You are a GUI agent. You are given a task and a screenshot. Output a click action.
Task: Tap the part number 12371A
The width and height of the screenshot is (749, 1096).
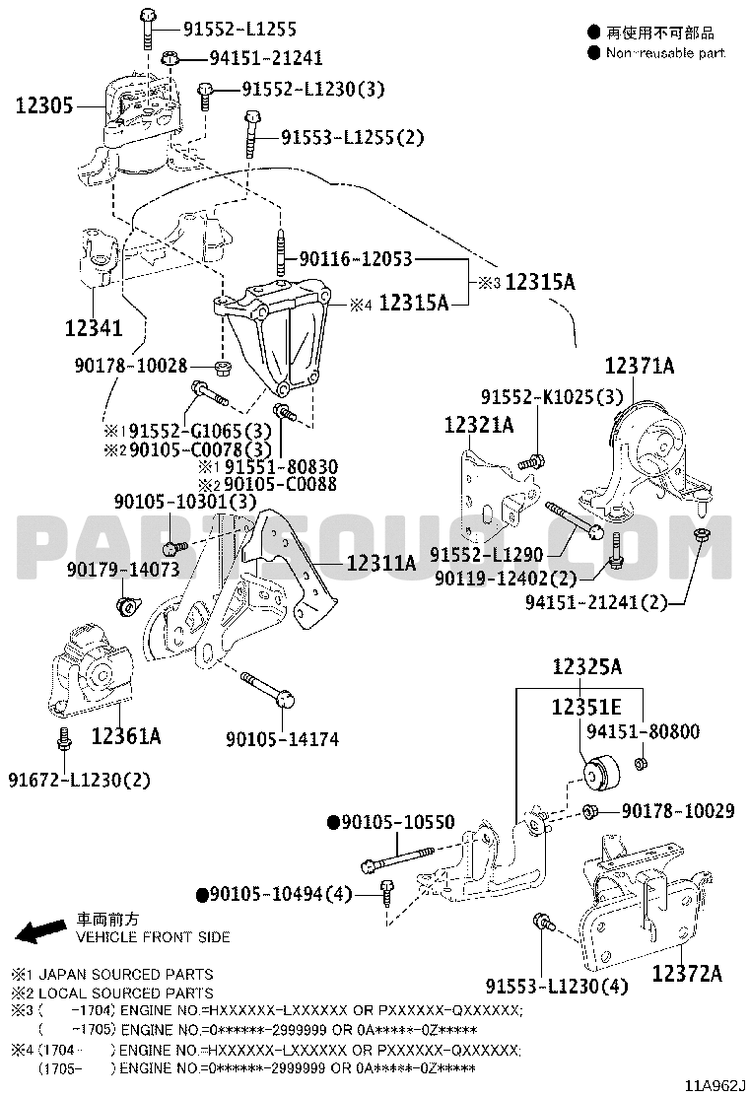[x=639, y=367]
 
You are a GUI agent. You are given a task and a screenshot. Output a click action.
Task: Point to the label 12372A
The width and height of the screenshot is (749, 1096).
[x=686, y=975]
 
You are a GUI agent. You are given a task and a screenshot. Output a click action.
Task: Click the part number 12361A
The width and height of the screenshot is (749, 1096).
[x=127, y=735]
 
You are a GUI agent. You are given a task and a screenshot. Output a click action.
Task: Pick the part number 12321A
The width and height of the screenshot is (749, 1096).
[x=479, y=425]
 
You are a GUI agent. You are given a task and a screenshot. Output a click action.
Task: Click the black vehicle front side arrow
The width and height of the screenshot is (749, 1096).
[x=42, y=931]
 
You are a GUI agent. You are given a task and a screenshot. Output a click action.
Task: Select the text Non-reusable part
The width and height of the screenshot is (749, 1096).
[x=665, y=52]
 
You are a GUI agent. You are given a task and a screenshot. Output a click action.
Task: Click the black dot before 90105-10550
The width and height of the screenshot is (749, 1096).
[x=333, y=821]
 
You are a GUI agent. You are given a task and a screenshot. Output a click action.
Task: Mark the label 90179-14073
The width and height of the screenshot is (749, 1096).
[x=123, y=570]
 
